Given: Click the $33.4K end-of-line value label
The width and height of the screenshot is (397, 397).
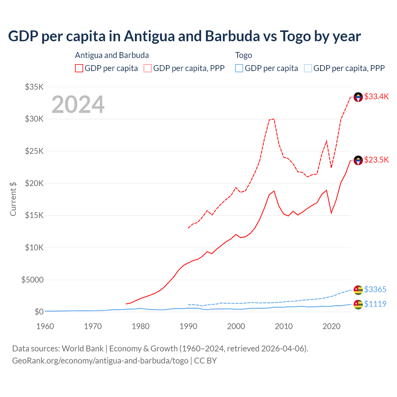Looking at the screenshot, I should tap(376, 97).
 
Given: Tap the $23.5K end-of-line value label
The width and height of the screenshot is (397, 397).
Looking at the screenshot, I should tap(376, 160).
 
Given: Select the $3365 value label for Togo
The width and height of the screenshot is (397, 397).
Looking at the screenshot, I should tap(375, 290).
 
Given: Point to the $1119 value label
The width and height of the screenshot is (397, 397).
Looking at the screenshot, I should tap(375, 304).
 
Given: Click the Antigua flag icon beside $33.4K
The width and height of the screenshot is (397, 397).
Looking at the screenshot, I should tap(358, 97).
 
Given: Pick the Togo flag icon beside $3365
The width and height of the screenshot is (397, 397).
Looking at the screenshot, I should tap(358, 290).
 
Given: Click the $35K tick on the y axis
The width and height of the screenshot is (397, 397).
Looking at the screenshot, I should tap(34, 87).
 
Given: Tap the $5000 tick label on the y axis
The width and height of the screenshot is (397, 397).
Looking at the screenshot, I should tap(32, 280).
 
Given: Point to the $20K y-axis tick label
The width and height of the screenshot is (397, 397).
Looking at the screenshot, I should tap(34, 184).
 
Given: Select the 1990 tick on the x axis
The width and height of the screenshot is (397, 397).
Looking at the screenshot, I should tap(188, 327).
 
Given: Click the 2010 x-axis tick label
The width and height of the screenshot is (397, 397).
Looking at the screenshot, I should tap(284, 327).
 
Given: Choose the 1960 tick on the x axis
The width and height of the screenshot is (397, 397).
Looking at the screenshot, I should tap(45, 327).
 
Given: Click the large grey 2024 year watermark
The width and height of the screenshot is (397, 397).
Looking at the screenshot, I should tap(78, 105).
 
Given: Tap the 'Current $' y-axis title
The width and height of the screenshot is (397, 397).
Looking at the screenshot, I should tap(13, 199).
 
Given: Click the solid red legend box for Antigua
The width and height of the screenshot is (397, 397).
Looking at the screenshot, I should tap(79, 68).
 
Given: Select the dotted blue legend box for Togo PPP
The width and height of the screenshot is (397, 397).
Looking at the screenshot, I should tap(308, 68).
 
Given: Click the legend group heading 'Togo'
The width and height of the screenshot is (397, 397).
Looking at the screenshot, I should tap(243, 56).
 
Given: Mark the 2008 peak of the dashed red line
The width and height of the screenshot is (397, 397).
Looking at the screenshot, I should tap(274, 119).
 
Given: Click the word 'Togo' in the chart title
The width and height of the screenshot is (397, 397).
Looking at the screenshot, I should tap(295, 36).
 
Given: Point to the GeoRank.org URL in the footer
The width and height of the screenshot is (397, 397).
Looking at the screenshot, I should tap(100, 361).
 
